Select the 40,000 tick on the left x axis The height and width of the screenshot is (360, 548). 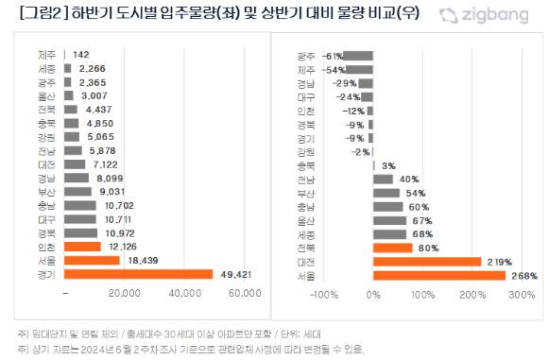coord(183,294)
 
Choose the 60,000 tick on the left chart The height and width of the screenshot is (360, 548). coord(244,294)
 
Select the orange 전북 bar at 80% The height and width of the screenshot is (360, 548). coord(393,248)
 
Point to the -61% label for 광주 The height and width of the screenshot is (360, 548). coord(332,56)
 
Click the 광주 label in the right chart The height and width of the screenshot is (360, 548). coord(306,56)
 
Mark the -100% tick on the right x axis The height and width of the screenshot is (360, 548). coord(324,295)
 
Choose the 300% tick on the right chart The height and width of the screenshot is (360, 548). coord(521,295)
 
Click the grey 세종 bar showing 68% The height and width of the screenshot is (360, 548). coord(390,233)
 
